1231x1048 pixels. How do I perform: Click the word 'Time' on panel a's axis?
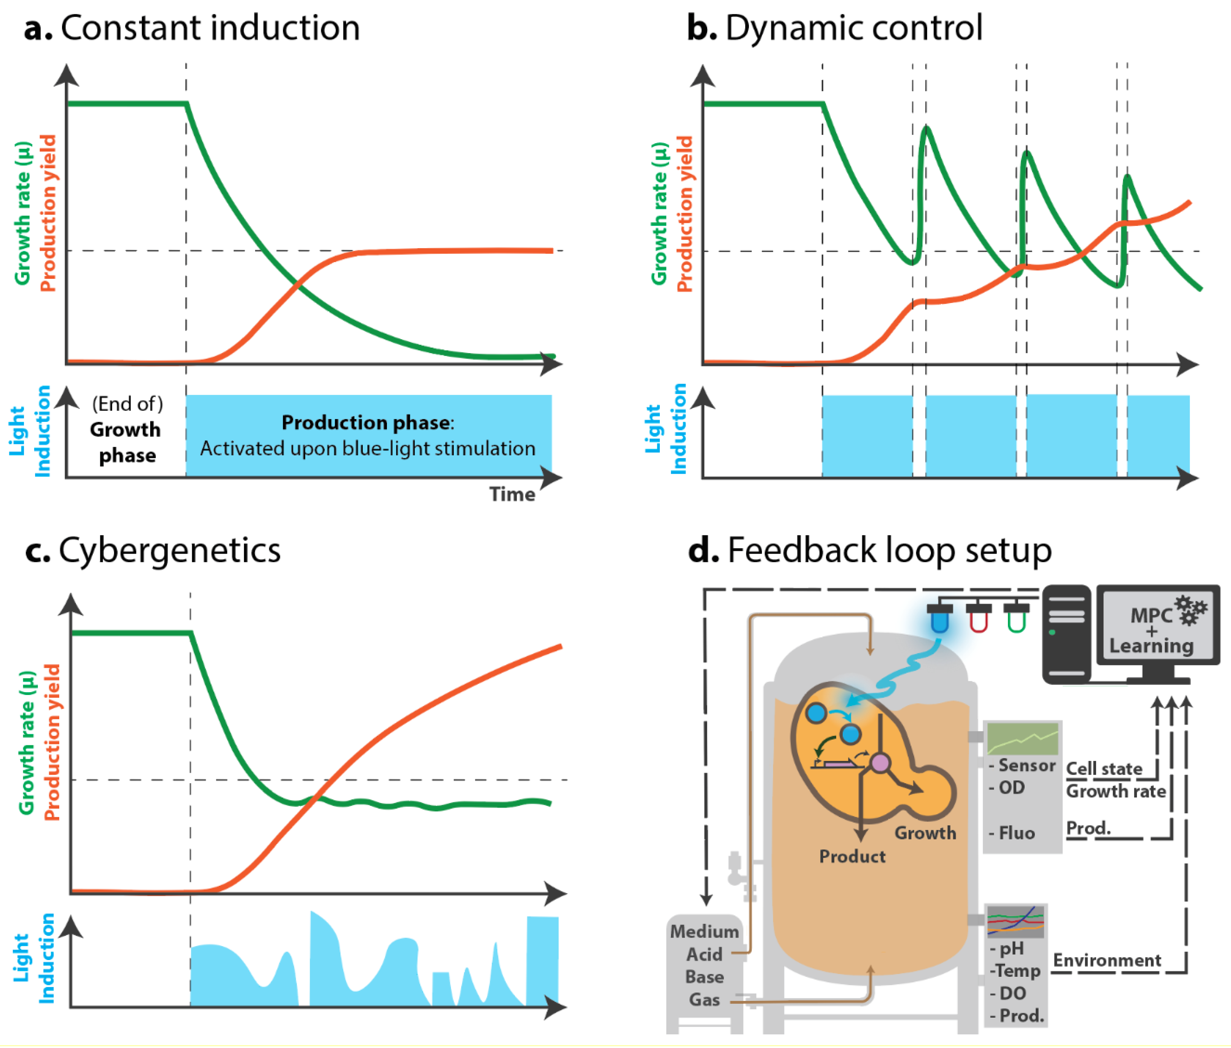coord(512,494)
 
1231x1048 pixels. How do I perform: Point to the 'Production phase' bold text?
coord(367,422)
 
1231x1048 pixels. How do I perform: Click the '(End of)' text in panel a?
coord(127,404)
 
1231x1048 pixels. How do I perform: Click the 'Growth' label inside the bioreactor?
coord(925,833)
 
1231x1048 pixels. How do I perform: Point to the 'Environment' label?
coord(1107,961)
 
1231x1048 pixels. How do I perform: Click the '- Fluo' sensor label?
coord(1012,833)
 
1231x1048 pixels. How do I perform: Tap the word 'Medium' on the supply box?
coord(704,931)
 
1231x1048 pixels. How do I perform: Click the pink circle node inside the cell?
coord(880,763)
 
